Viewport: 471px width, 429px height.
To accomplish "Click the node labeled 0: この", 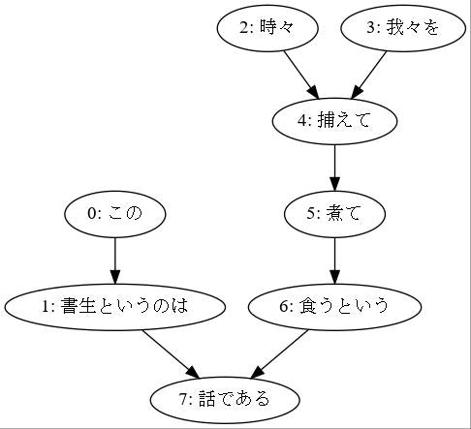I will point(114,214).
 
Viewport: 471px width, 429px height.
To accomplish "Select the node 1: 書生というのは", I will point(114,307).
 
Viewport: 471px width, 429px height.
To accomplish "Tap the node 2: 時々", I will point(267,28).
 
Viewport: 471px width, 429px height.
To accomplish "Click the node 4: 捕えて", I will point(334,121).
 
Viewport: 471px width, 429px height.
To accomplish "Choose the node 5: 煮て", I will point(334,214).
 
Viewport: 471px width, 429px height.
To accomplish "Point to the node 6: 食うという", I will point(334,307).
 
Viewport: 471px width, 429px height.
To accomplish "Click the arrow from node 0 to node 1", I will point(114,260).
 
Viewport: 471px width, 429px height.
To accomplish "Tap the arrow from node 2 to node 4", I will point(300,74).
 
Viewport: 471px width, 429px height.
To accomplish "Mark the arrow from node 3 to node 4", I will point(368,74).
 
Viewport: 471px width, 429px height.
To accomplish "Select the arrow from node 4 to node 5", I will point(334,167).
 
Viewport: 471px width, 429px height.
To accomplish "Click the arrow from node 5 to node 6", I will point(334,260).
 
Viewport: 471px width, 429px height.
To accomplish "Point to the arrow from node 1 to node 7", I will point(170,352).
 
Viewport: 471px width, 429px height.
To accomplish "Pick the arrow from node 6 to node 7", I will point(281,352).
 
